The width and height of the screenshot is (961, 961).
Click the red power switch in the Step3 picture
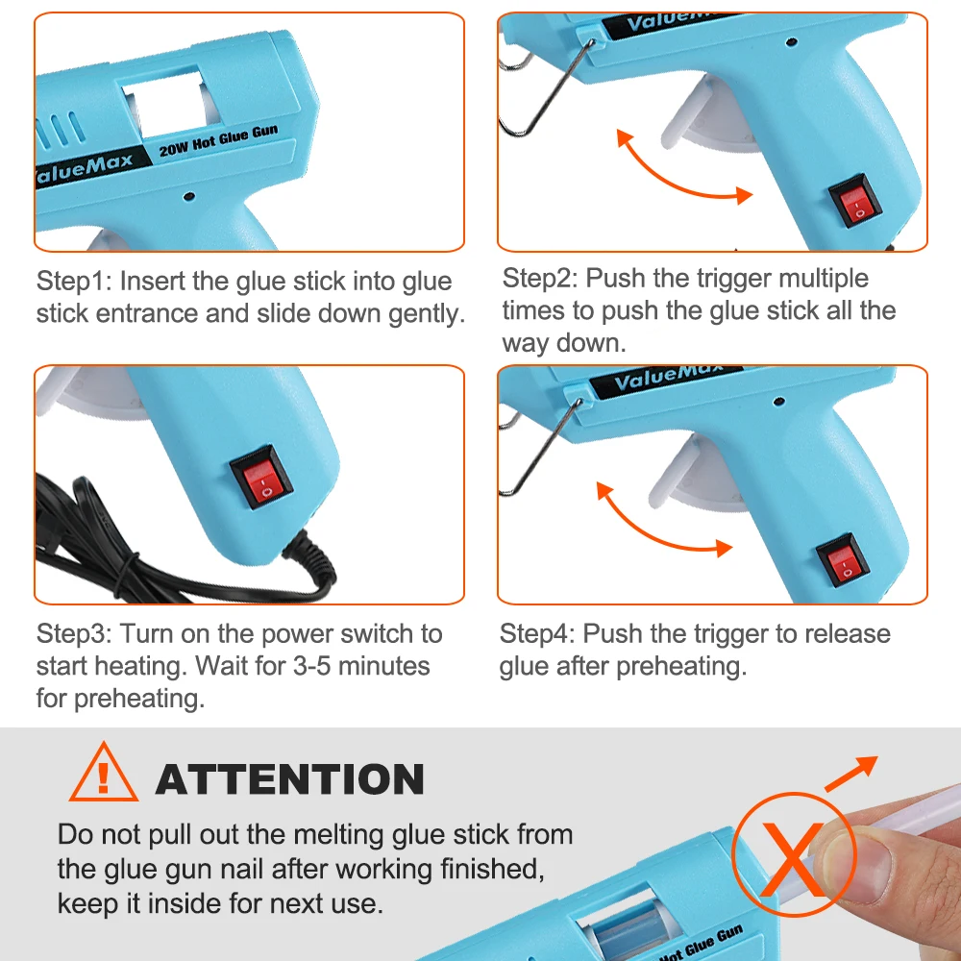(261, 478)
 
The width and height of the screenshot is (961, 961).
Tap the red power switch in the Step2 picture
(855, 201)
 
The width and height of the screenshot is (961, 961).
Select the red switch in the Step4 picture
(843, 559)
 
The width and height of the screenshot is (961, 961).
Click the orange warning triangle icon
(104, 773)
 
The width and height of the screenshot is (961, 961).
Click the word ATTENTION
(290, 779)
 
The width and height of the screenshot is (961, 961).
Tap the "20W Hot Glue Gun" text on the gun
(219, 141)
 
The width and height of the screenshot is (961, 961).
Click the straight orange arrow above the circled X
(851, 774)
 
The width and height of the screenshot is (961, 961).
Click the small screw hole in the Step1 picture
(189, 196)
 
